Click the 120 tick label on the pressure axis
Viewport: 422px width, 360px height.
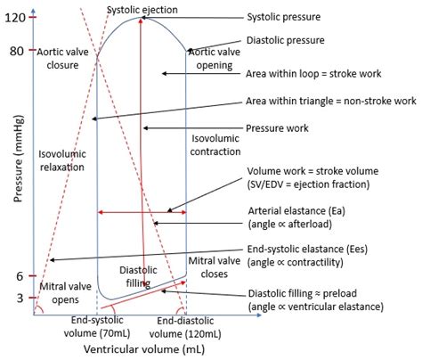15,18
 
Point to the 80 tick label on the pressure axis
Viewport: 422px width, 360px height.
17,51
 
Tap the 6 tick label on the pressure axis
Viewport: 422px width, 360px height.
20,276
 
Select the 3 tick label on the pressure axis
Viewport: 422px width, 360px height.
20,298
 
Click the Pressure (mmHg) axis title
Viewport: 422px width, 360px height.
18,160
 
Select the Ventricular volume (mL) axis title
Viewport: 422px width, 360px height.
144,349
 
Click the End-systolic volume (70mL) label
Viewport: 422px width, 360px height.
97,327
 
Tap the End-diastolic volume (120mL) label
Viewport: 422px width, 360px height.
185,328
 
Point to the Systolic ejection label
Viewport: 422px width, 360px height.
142,10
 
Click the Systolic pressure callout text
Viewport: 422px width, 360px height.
284,17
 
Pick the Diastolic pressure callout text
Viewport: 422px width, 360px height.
286,40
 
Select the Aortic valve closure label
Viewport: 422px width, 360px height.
62,59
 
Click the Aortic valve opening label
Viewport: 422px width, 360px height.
215,59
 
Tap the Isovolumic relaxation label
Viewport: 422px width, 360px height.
62,160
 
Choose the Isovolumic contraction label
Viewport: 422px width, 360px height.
215,145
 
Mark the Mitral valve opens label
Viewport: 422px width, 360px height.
65,293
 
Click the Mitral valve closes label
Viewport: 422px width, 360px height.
215,267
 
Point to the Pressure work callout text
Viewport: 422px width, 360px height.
277,128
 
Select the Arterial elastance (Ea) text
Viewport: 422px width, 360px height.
296,211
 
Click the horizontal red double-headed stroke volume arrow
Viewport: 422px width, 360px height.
142,212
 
